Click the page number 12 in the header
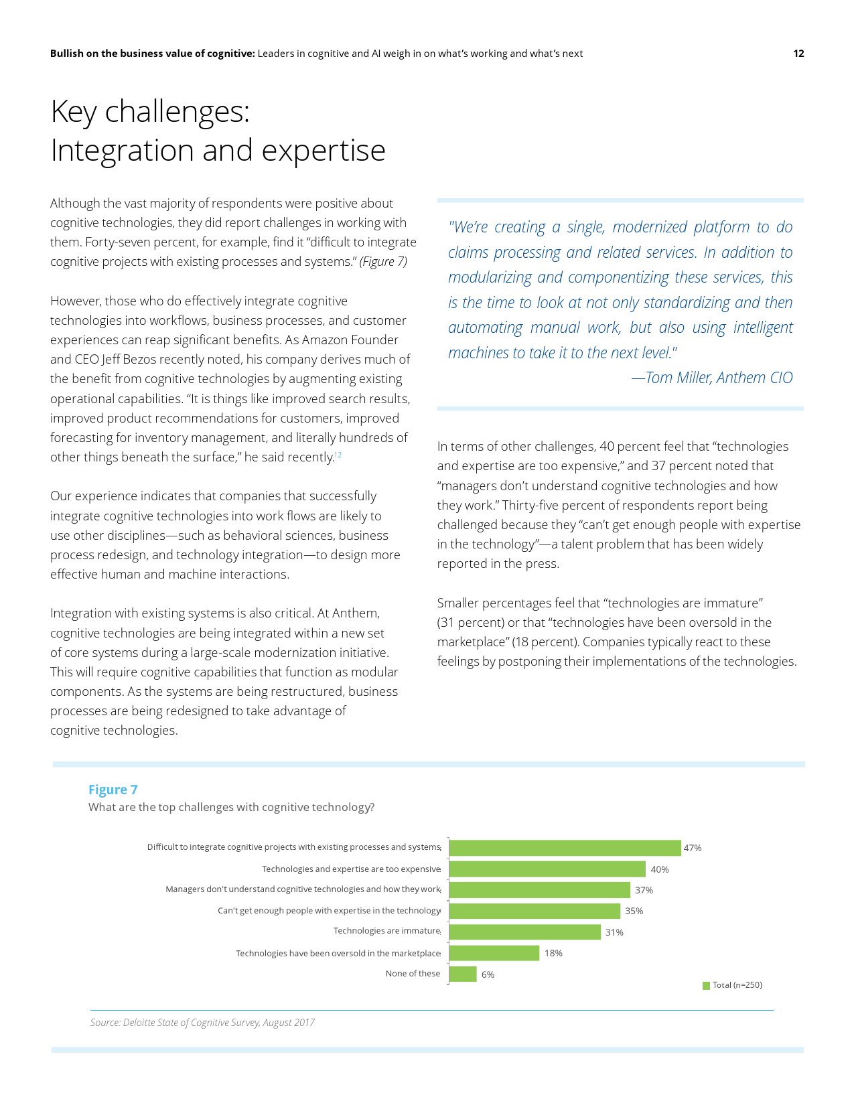(x=798, y=54)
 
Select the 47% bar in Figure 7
(x=565, y=848)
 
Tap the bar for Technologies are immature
(x=524, y=932)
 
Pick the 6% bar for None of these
(x=463, y=974)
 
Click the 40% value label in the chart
(x=660, y=869)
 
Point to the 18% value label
(x=553, y=953)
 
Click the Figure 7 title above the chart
(x=113, y=790)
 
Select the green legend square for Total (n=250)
(x=706, y=985)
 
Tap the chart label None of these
(x=413, y=974)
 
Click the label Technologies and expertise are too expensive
(x=351, y=869)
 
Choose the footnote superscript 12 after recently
(x=338, y=455)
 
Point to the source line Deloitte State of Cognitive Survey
(x=202, y=1023)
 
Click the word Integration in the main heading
(x=123, y=150)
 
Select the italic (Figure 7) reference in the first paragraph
(x=383, y=262)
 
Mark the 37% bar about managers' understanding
(x=539, y=890)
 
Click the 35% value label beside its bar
(x=634, y=911)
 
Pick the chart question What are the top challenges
(x=231, y=807)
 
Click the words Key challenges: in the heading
(x=150, y=111)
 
